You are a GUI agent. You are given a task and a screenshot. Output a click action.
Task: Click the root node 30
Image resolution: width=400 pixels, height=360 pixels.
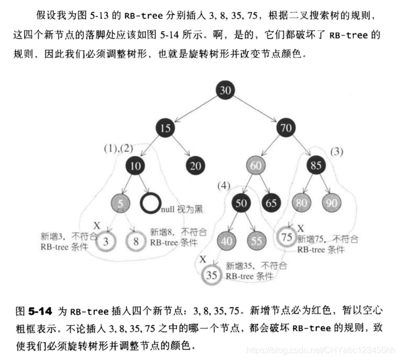tap(225, 90)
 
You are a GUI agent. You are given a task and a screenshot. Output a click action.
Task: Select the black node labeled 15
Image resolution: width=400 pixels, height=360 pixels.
tap(166, 128)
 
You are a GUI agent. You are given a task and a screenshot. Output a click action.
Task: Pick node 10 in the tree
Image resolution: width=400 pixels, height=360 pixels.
tap(135, 166)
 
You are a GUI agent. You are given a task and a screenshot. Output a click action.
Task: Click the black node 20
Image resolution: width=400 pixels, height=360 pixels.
tap(196, 166)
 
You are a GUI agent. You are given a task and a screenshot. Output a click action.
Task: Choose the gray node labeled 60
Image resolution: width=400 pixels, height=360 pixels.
tap(255, 166)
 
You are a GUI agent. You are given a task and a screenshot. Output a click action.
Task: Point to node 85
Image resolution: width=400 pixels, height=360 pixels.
tap(316, 166)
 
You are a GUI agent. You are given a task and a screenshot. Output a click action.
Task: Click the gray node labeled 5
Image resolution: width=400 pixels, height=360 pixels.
tap(121, 204)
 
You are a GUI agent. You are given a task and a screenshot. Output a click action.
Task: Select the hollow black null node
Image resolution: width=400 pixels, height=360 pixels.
tap(151, 204)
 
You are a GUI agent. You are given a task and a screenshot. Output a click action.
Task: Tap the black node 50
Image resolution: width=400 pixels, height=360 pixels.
tap(241, 204)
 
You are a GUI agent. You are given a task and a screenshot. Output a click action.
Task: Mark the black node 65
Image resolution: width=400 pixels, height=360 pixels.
tap(271, 204)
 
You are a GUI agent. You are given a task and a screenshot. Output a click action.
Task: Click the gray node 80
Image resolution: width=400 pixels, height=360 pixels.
tap(301, 204)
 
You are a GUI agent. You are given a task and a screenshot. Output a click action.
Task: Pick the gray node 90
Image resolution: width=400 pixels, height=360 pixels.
tap(331, 204)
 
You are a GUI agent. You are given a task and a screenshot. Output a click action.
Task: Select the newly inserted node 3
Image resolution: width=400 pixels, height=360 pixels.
tap(106, 241)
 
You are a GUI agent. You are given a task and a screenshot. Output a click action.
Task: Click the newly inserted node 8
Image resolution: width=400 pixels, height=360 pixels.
tap(136, 241)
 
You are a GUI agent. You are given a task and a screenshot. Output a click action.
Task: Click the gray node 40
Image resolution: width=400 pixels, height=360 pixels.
tap(226, 241)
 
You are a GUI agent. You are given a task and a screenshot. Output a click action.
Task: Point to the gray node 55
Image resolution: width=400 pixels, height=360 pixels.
tap(256, 241)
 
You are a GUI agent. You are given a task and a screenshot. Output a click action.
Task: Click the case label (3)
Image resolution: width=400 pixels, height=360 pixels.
tap(337, 152)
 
